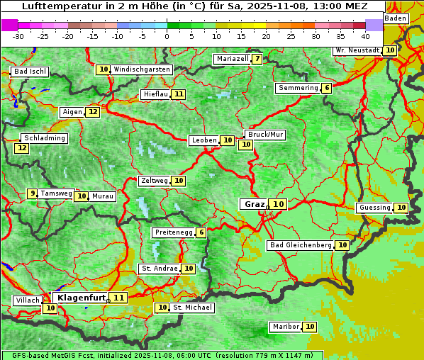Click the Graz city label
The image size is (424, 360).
pos(254,204)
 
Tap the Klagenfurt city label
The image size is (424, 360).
pos(80,298)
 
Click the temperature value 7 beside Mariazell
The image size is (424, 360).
pos(257,59)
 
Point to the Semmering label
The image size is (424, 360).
pos(298,88)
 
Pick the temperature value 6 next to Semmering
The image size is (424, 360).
pos(326,88)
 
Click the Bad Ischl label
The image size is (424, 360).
pos(30,72)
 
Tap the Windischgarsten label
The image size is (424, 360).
pos(142,69)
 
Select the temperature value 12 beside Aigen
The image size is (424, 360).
pos(93,112)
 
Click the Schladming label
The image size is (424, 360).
pos(44,138)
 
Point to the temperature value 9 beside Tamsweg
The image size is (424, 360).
pos(32,193)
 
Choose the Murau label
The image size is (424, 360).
pos(104,196)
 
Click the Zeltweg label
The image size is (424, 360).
pos(154,181)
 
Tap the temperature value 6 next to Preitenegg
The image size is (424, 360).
pos(201,232)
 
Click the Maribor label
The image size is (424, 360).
pos(285,327)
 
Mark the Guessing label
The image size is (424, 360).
pos(374,208)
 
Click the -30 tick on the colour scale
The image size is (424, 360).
pos(18,35)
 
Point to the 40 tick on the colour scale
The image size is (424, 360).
pos(365,35)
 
